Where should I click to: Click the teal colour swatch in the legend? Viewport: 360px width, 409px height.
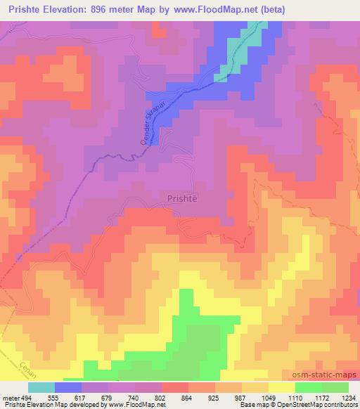pyautogui.click(x=41, y=387)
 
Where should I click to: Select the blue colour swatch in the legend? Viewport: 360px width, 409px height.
pyautogui.click(x=68, y=387)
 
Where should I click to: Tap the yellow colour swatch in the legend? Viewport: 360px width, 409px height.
pyautogui.click(x=281, y=387)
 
